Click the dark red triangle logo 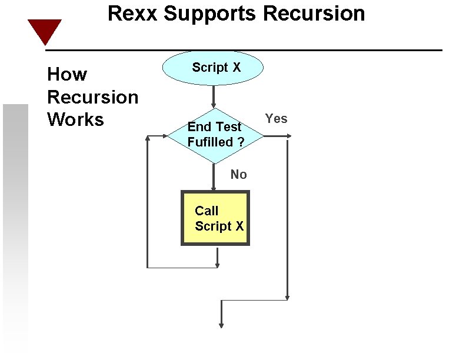click(x=45, y=31)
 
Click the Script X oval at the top click(x=213, y=68)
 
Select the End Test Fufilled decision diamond click(x=214, y=135)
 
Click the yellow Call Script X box click(x=215, y=218)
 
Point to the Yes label click(x=276, y=119)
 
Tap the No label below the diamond click(x=238, y=174)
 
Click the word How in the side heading click(x=67, y=75)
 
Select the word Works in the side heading click(x=75, y=119)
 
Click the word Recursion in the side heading click(x=92, y=97)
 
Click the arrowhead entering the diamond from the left click(x=164, y=136)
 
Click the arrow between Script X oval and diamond click(x=214, y=96)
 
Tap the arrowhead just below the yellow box click(x=217, y=264)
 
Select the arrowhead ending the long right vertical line click(x=287, y=296)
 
